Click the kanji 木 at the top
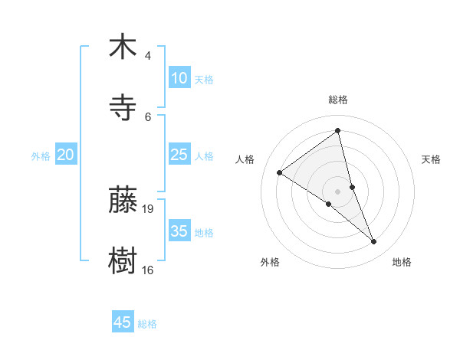pos(123,47)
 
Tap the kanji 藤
pos(123,200)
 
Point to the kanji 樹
pos(123,260)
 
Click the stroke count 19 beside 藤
pos(149,208)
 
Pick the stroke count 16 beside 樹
pos(148,270)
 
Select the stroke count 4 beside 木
pos(147,56)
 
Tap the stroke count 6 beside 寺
pos(148,116)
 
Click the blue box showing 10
pos(179,78)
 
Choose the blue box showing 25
pos(179,155)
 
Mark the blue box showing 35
pos(179,231)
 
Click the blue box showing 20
pos(65,155)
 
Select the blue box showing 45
pos(123,322)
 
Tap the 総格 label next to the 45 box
pos(147,324)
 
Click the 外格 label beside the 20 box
pos(41,156)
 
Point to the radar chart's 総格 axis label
pos(338,100)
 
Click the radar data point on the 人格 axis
pos(280,173)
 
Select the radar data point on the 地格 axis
pos(374,242)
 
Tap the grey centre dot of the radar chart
pos(338,191)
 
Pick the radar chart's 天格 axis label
pos(432,159)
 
